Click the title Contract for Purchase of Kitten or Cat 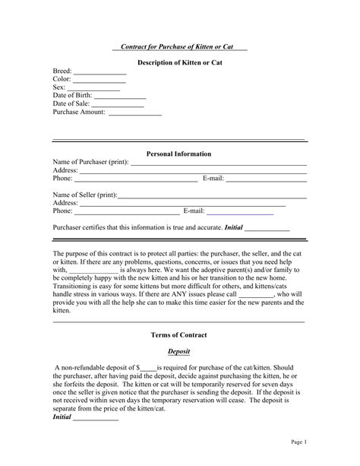(179, 47)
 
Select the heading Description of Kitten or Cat (179, 62)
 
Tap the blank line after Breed (99, 72)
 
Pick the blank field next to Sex (92, 89)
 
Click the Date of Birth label (73, 95)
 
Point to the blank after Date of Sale (118, 105)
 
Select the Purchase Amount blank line (135, 114)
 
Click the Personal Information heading (179, 154)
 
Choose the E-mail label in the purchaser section (213, 179)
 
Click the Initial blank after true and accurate (267, 229)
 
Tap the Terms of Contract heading (179, 334)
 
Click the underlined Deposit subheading (178, 351)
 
